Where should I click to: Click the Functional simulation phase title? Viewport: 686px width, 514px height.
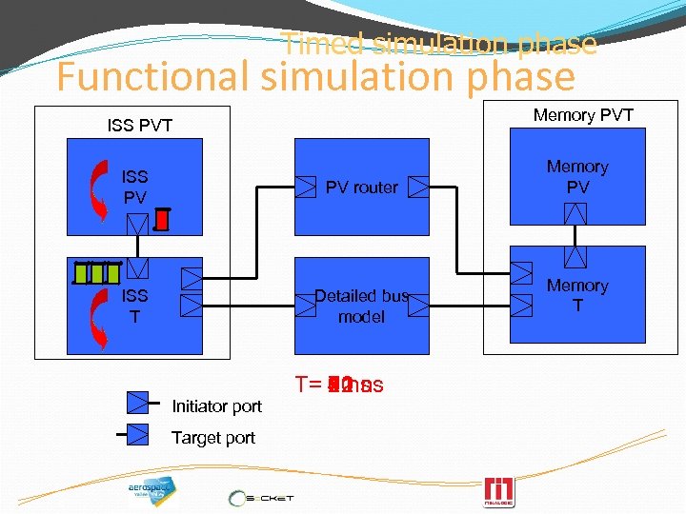(315, 76)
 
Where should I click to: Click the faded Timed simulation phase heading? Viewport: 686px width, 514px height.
(440, 44)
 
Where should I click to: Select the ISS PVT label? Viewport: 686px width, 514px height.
(140, 125)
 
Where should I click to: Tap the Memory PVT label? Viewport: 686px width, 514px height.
(583, 115)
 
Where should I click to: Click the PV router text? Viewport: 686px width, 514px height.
(362, 188)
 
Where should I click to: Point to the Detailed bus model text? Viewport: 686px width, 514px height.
(361, 306)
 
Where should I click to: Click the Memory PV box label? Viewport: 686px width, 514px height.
(577, 177)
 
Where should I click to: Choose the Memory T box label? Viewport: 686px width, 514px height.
(577, 295)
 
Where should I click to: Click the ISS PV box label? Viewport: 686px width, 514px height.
(134, 187)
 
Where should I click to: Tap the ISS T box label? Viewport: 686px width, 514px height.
(134, 306)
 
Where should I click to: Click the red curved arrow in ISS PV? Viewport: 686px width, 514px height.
(97, 186)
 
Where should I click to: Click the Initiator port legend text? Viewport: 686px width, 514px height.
(216, 406)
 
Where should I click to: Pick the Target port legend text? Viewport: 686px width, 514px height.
(213, 438)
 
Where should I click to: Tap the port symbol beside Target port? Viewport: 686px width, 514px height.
(139, 434)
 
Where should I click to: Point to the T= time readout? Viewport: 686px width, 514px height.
(339, 385)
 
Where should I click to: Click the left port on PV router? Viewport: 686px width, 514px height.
(306, 187)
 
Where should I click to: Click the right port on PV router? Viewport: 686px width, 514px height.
(417, 187)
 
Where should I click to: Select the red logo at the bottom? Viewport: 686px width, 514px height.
(499, 492)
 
